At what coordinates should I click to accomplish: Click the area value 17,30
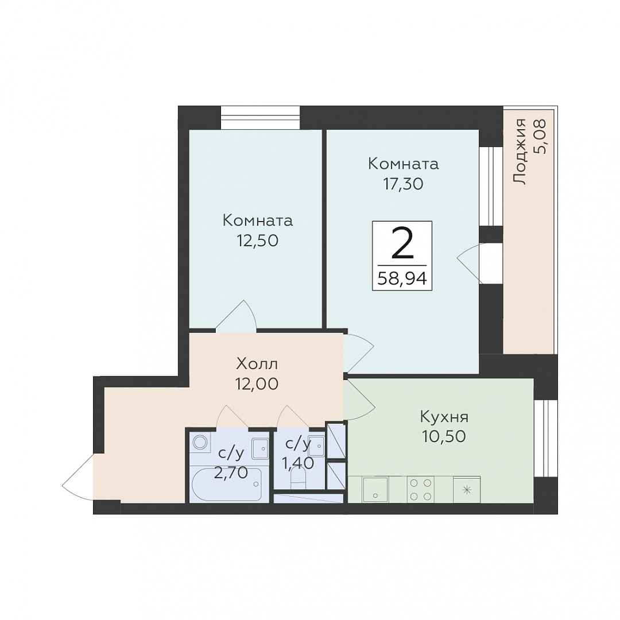403,184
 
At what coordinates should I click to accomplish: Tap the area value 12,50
257,241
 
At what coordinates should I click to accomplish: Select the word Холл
257,363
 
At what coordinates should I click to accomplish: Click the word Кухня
444,417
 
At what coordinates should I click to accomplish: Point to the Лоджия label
520,152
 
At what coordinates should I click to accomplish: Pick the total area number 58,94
402,279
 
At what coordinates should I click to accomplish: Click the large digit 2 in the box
402,243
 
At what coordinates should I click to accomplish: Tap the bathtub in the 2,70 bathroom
226,485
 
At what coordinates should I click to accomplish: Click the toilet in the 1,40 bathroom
298,480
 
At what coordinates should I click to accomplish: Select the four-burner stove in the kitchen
421,490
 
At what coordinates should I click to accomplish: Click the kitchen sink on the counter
375,490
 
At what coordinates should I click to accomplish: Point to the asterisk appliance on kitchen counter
467,490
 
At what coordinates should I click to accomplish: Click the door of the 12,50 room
236,315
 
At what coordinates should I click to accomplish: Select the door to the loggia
469,263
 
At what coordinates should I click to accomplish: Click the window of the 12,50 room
260,118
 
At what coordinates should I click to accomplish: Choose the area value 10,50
444,436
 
